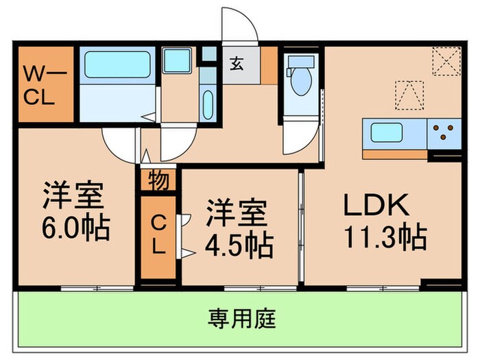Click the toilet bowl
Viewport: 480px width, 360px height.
300,80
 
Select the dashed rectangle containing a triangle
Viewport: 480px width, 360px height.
409,94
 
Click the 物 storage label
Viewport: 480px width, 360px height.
157,180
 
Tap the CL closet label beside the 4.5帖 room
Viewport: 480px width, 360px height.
158,235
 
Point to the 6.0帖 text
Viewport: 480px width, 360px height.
75,228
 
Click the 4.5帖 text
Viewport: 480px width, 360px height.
239,244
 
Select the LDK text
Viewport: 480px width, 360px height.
376,206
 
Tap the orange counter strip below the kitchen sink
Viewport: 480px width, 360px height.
394,154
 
